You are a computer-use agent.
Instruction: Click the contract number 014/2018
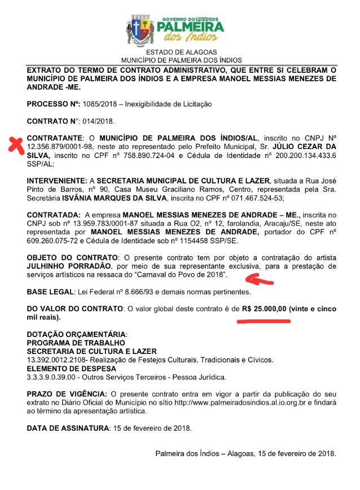click(99, 121)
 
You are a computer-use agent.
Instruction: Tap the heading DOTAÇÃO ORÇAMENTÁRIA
click(77, 335)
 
